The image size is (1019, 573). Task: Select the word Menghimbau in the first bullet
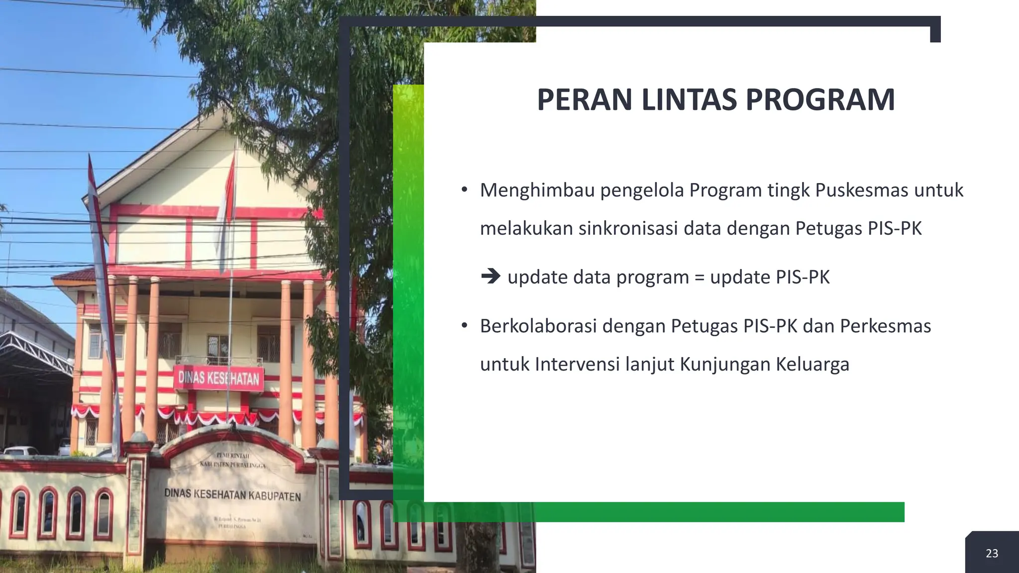point(537,191)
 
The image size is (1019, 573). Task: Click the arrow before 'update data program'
point(491,277)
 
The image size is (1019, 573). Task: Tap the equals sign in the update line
point(699,278)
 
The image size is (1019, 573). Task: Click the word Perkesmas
point(885,326)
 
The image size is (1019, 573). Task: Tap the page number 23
point(992,554)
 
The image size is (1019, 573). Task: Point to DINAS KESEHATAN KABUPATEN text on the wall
point(232,495)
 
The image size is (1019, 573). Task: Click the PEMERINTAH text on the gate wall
point(232,456)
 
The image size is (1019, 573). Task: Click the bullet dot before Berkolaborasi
point(464,326)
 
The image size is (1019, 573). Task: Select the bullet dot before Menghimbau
point(464,190)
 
